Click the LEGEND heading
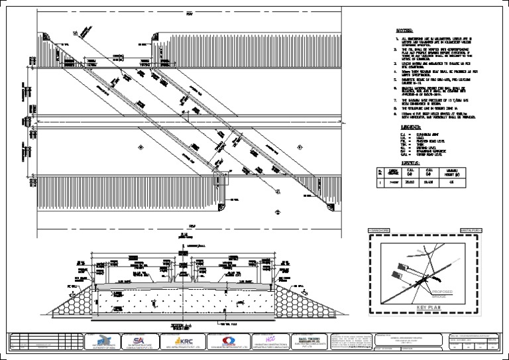[x=404, y=126]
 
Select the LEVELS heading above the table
[x=402, y=162]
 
